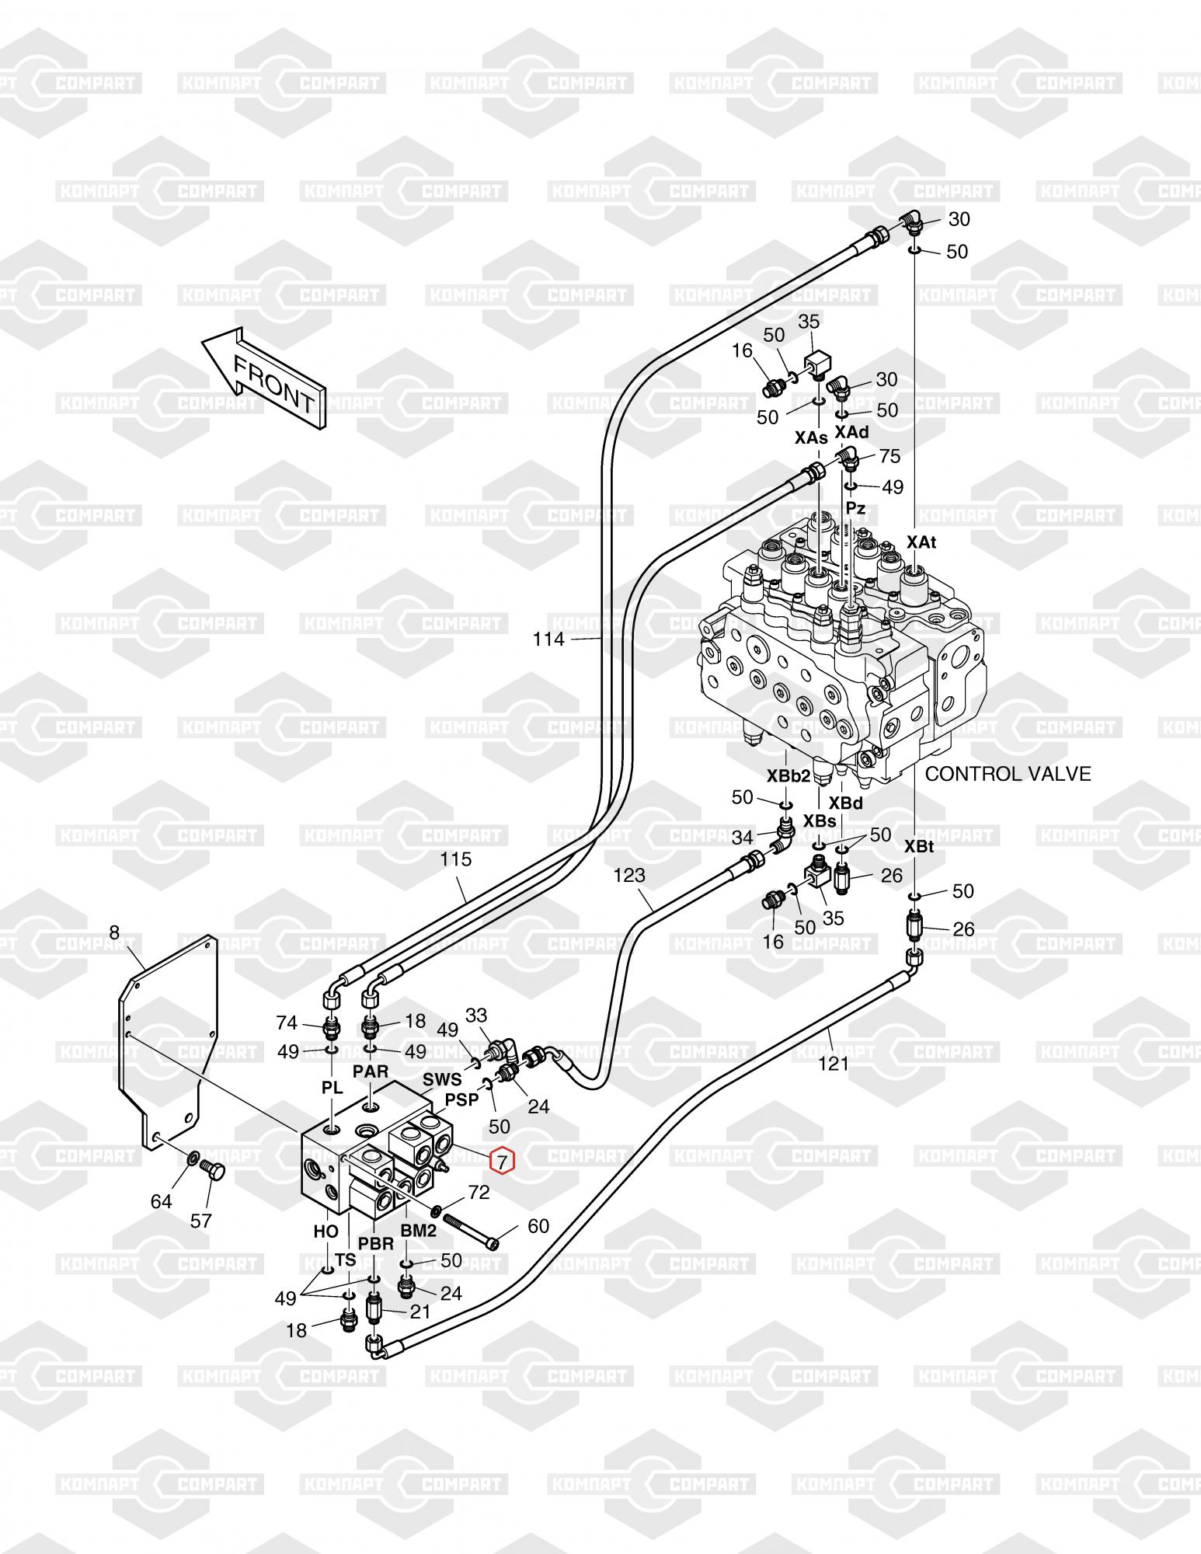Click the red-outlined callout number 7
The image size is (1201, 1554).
502,1162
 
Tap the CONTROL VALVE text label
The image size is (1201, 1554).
1008,773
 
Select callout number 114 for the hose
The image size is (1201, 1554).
549,639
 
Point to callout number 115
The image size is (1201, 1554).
456,859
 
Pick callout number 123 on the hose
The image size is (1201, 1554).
629,875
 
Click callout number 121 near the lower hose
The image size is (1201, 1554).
834,1063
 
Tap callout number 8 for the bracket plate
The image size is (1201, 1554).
115,932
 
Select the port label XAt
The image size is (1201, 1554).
921,542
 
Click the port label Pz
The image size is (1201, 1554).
855,509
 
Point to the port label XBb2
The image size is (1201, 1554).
788,775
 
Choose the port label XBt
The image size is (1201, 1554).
919,846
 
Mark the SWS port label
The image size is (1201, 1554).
442,1079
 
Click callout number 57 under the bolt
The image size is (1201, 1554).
201,1221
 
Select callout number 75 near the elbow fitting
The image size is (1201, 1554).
889,456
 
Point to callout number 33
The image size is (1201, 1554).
476,1015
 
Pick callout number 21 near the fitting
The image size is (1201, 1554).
420,1312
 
